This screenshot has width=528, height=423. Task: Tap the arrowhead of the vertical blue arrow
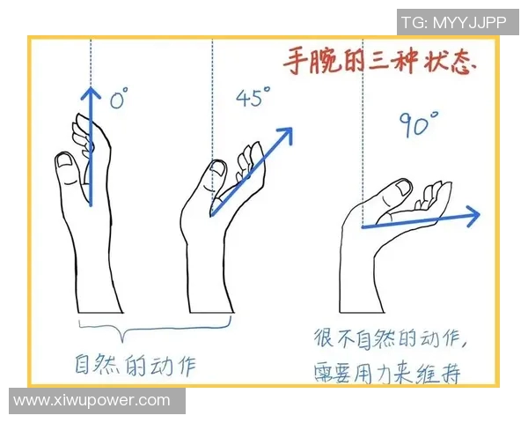click(88, 92)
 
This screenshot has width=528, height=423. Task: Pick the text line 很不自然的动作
click(395, 338)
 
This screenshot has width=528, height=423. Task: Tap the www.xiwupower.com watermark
click(92, 401)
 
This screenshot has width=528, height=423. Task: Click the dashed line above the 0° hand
click(89, 62)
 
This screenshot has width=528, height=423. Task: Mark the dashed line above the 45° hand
click(211, 97)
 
